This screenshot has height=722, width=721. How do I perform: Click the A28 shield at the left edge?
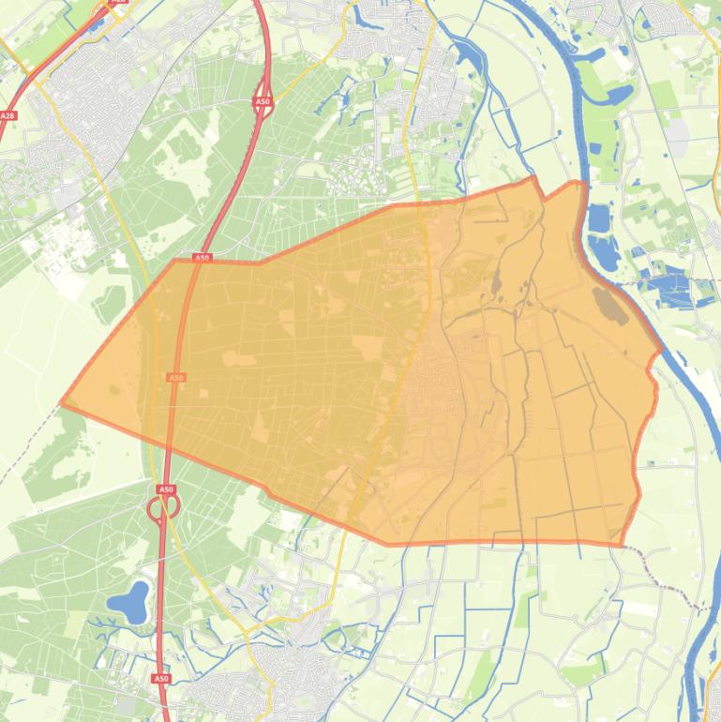(8, 116)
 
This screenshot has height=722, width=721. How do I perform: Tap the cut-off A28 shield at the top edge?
(118, 2)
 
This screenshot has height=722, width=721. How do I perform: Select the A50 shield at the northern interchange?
(263, 101)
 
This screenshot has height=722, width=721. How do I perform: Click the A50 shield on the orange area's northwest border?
(203, 258)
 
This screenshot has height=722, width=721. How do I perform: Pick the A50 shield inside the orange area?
(175, 378)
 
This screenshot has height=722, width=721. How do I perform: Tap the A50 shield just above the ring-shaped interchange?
(166, 489)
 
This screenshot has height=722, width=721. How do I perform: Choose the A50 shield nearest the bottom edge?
(161, 678)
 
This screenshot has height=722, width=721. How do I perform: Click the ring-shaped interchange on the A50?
(163, 507)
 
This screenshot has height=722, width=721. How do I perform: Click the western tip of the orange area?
(62, 403)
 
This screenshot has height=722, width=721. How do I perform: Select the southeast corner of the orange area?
(622, 545)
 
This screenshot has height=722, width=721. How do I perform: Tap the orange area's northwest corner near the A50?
(174, 261)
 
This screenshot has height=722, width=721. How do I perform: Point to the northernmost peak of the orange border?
(534, 177)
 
